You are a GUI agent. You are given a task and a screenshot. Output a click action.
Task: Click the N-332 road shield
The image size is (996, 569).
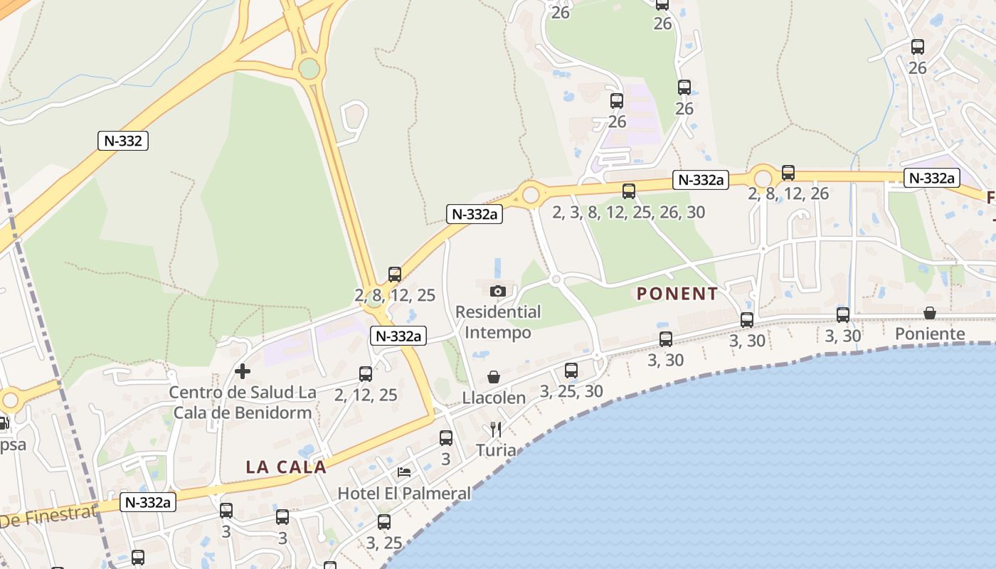(123, 141)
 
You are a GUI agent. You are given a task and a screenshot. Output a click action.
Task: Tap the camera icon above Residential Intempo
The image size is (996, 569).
(498, 291)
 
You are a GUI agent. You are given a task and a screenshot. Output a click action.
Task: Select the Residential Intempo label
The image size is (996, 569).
(498, 322)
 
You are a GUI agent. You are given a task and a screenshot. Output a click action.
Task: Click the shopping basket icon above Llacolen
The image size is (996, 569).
(494, 377)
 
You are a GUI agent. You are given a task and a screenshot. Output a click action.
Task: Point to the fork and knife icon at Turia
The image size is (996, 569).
(496, 430)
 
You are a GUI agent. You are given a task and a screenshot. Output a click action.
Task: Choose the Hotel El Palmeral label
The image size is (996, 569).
(404, 493)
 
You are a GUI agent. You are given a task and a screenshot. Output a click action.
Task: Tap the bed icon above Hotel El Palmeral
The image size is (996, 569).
(404, 472)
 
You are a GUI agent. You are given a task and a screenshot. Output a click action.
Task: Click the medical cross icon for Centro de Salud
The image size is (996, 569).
(243, 371)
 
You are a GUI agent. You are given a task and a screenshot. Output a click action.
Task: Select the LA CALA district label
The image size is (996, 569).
(286, 467)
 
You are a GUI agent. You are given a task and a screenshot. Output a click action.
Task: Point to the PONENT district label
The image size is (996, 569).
(677, 294)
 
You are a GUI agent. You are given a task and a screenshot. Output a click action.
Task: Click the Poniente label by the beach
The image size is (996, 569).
(930, 334)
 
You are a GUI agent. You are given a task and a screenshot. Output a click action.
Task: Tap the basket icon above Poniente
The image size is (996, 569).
(930, 313)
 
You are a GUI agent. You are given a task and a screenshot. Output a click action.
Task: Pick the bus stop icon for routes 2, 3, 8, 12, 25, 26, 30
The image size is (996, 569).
(629, 191)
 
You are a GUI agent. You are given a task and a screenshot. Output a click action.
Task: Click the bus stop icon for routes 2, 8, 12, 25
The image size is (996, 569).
(395, 274)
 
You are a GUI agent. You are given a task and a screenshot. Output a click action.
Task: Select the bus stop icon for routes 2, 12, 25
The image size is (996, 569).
(366, 373)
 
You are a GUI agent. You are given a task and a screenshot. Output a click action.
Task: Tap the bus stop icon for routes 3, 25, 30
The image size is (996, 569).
(571, 370)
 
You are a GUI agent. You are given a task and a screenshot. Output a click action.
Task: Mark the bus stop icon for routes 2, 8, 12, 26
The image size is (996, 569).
(788, 172)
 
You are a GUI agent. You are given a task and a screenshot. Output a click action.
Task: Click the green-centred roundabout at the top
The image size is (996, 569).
(309, 68)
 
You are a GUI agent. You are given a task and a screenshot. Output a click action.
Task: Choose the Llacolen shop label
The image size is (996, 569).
(494, 398)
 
